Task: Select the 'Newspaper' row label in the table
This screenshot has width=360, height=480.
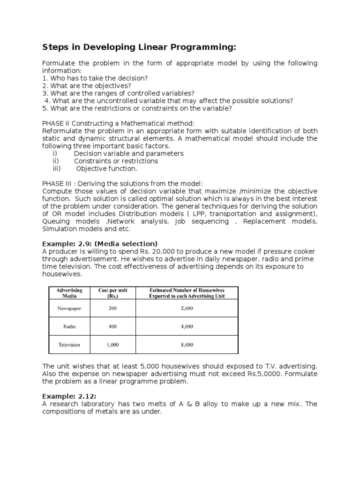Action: click(x=69, y=308)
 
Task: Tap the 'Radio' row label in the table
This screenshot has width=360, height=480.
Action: click(x=69, y=326)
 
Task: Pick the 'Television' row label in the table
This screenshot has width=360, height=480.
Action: click(x=69, y=345)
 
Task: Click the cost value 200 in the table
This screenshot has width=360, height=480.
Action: click(x=112, y=308)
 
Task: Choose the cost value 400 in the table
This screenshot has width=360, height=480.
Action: click(x=112, y=326)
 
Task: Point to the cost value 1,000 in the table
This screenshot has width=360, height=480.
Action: click(x=112, y=345)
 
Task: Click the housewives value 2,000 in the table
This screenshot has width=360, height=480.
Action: click(x=186, y=308)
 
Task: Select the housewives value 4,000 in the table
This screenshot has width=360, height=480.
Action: click(x=186, y=326)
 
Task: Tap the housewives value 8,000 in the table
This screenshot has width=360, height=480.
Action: click(x=186, y=345)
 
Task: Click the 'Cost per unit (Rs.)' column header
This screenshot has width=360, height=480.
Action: click(x=112, y=293)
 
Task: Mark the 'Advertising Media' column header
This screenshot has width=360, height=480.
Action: click(x=69, y=293)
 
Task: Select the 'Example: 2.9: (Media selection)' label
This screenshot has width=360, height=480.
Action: click(x=100, y=243)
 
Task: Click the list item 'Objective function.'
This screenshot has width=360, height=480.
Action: click(x=107, y=169)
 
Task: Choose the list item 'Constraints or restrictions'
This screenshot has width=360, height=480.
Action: click(x=116, y=161)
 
